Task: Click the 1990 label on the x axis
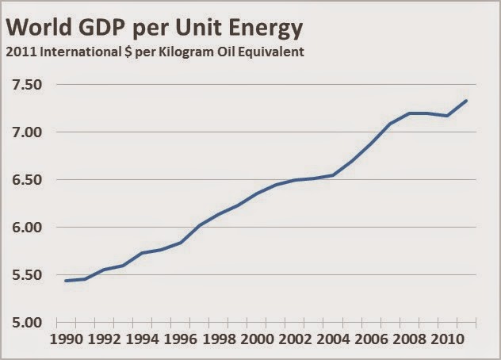pyautogui.click(x=67, y=342)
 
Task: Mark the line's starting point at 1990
pyautogui.click(x=65, y=281)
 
